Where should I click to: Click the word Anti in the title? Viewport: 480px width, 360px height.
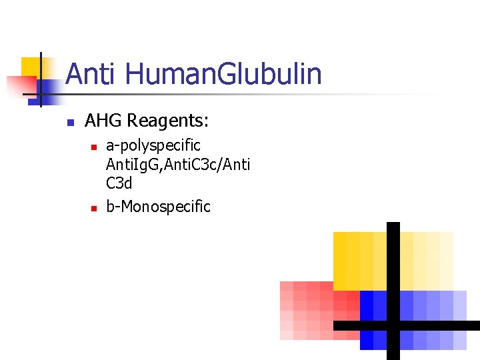pos(92,74)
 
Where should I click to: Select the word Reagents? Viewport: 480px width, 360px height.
pos(168,121)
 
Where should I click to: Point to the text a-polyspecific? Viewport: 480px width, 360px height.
pos(153,145)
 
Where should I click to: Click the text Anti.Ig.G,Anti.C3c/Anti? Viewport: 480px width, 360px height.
pos(178,163)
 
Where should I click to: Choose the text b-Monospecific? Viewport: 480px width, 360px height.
pos(158,207)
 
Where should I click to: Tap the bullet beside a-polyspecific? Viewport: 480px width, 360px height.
pos(94,146)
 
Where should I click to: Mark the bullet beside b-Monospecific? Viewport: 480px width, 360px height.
pos(94,208)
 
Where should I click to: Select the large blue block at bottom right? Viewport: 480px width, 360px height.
pos(433,307)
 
